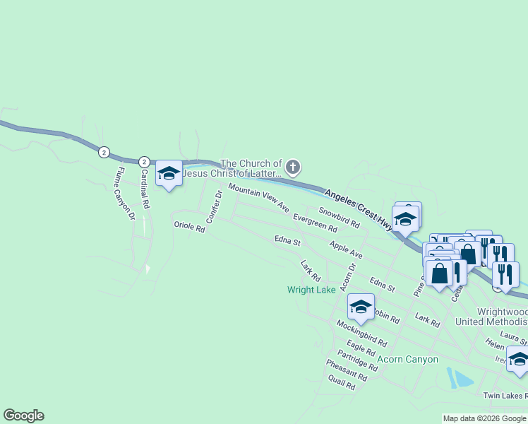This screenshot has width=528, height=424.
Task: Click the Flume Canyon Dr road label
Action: tap(126, 192)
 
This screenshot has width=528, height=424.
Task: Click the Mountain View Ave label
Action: tap(258, 199)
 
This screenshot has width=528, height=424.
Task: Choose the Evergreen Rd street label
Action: tap(315, 223)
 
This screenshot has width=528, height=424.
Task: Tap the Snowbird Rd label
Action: tap(339, 217)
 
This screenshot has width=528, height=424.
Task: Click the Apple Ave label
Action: tap(346, 249)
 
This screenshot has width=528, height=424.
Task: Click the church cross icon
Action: tap(293, 167)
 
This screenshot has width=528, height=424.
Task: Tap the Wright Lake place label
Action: tap(311, 290)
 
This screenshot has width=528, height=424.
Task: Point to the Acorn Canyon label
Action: tap(407, 359)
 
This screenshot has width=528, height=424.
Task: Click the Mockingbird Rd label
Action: tap(361, 332)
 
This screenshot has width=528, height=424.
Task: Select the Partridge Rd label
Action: tap(357, 360)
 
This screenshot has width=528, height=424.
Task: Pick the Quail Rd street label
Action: tap(342, 383)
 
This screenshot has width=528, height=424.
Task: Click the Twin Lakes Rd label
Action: tap(505, 396)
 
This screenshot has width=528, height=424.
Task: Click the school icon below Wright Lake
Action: tap(361, 307)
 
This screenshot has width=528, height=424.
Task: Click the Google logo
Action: tap(23, 416)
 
